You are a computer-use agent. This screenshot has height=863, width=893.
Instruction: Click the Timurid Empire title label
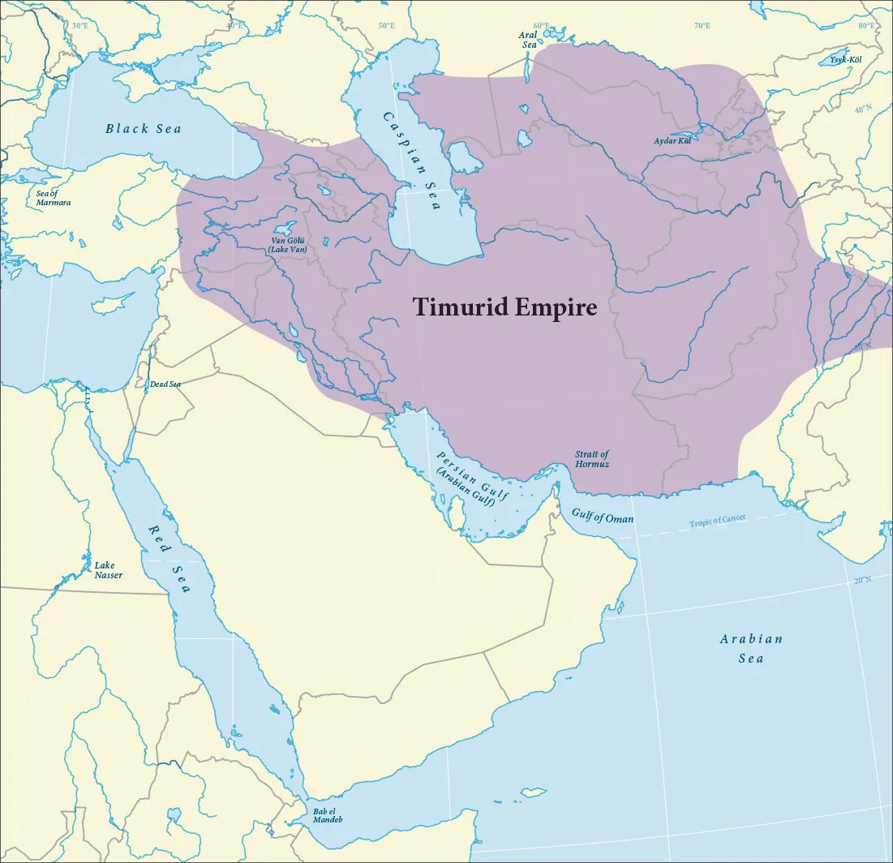pyautogui.click(x=504, y=307)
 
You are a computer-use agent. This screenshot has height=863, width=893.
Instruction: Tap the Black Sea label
pyautogui.click(x=144, y=129)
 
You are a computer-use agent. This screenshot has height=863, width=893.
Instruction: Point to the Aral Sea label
pyautogui.click(x=529, y=40)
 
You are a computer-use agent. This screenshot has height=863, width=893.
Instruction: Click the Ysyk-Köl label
pyautogui.click(x=845, y=61)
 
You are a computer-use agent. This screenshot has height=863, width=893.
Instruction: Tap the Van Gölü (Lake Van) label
pyautogui.click(x=287, y=244)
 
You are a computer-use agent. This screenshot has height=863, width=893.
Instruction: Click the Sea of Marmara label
pyautogui.click(x=54, y=198)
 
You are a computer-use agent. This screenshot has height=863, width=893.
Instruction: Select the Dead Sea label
pyautogui.click(x=165, y=384)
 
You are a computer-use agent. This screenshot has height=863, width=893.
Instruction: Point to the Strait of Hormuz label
pyautogui.click(x=591, y=459)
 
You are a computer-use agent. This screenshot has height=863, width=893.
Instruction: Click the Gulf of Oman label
pyautogui.click(x=603, y=517)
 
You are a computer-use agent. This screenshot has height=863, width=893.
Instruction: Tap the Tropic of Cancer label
pyautogui.click(x=718, y=522)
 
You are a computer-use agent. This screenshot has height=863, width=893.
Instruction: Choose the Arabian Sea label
pyautogui.click(x=751, y=648)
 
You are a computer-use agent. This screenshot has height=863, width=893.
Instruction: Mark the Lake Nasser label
pyautogui.click(x=108, y=570)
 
